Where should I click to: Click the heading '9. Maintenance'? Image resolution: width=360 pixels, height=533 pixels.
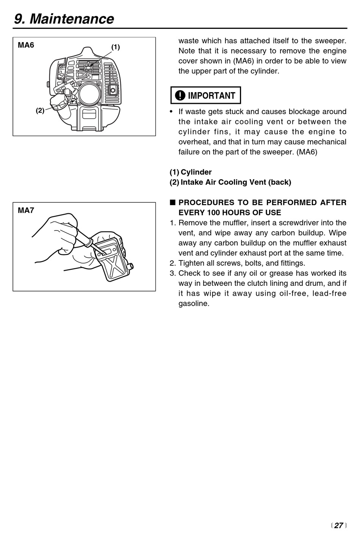(x=64, y=19)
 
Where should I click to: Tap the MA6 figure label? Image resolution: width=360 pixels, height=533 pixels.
(x=26, y=45)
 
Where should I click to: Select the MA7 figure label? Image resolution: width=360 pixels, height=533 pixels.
(x=26, y=210)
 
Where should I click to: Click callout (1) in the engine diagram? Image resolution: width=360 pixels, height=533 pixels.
(x=115, y=47)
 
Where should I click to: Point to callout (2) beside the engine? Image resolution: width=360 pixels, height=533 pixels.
(x=40, y=110)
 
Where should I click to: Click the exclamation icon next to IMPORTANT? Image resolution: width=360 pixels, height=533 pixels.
(x=180, y=96)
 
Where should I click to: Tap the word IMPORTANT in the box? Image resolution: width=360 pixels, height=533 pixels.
(x=211, y=96)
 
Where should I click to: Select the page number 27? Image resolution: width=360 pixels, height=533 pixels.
(x=338, y=525)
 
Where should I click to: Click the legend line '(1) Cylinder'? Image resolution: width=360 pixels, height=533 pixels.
(x=191, y=172)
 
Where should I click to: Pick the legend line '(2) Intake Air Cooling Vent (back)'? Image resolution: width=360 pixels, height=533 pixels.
(x=230, y=182)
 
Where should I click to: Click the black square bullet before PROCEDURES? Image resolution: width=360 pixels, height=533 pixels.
(x=172, y=202)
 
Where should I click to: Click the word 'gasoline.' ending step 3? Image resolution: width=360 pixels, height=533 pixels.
(x=194, y=304)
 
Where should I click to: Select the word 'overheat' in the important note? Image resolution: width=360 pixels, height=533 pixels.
(x=194, y=142)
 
